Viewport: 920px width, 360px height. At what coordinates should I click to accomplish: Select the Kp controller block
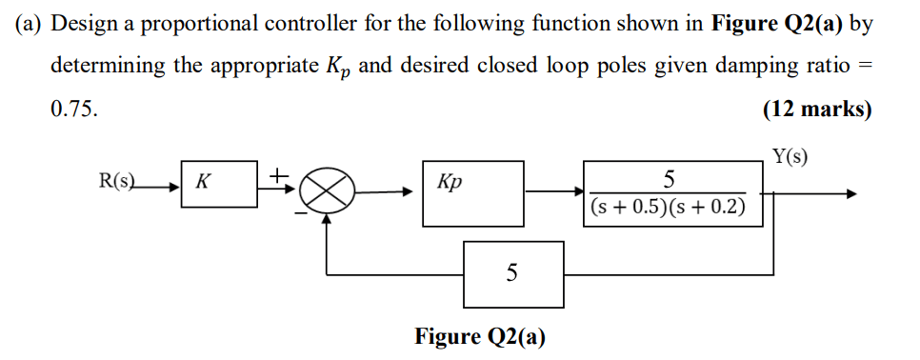coord(472,193)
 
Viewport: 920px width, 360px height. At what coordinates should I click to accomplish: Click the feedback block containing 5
coord(512,273)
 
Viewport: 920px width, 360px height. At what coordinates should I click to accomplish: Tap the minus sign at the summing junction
coord(301,213)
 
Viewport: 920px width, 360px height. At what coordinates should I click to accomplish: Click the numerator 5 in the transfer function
coord(669,179)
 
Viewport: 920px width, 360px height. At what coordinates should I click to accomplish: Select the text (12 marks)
coord(817,108)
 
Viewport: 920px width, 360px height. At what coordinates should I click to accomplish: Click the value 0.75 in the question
coord(73,109)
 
